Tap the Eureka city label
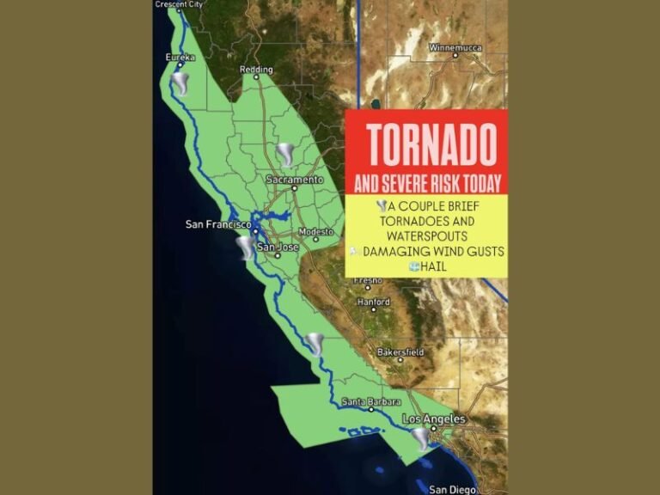(180, 58)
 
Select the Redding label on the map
(256, 70)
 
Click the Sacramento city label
(295, 180)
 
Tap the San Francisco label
(218, 224)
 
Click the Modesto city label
(315, 233)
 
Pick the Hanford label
(374, 302)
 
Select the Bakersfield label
(400, 352)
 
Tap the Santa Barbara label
(368, 401)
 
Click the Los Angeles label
(434, 419)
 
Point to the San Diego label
(449, 489)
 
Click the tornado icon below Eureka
(180, 83)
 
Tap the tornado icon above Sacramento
(286, 156)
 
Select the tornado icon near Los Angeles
(421, 439)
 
